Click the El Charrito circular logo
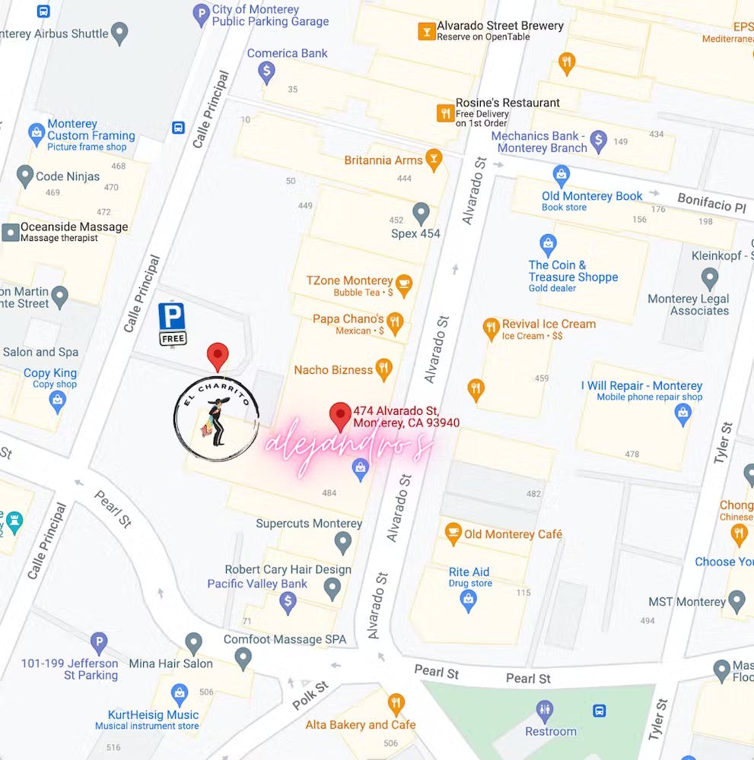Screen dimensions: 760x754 point(216,419)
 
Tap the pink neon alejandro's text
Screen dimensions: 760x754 point(348,446)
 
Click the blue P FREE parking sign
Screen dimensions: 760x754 point(172,324)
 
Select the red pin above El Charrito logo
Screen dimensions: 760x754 point(218,356)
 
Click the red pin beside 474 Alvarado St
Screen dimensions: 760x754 point(339,416)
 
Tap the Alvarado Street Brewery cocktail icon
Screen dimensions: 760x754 point(426,31)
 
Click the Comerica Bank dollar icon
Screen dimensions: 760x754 point(266,72)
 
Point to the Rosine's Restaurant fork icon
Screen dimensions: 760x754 point(444,113)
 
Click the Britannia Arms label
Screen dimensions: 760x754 point(383,160)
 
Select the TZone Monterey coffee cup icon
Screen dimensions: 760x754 point(403,285)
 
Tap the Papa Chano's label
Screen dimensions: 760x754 point(348,318)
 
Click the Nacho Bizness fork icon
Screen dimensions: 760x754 point(384,369)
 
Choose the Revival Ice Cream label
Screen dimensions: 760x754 point(549,324)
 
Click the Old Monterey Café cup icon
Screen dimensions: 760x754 point(453,533)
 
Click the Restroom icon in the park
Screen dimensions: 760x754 point(545,711)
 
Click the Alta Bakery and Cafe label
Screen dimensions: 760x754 point(361,724)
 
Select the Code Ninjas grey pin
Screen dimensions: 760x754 point(24,176)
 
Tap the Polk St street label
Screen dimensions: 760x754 point(310,695)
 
